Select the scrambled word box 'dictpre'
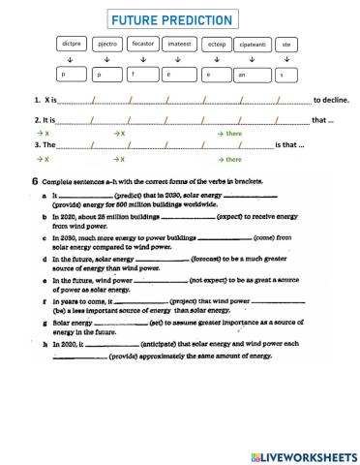71,45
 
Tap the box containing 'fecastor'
143,45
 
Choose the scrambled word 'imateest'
179,45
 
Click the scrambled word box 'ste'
285,45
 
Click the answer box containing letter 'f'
143,74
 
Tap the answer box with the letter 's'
285,74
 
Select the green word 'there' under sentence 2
232,133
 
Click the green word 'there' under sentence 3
232,159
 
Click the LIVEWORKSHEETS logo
303,455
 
